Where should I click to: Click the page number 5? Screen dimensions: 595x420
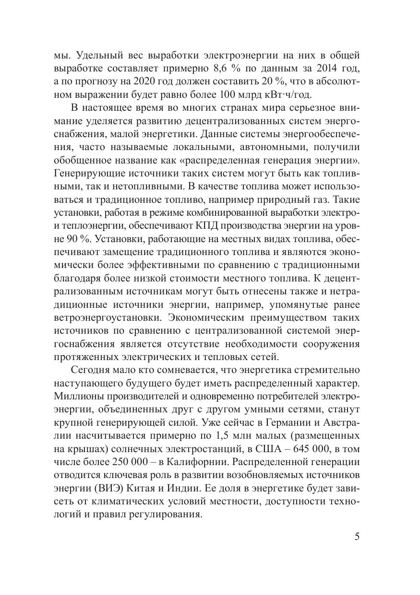pos(357,537)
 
